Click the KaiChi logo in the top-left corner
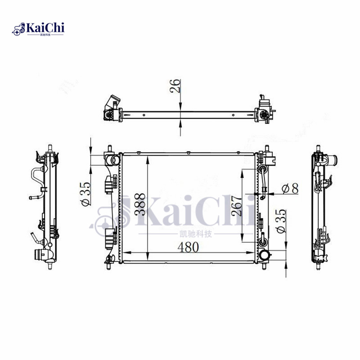(39, 29)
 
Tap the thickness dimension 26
(177, 85)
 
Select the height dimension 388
(139, 205)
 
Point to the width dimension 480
(189, 247)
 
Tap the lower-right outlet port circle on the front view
(265, 255)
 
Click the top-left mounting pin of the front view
(109, 148)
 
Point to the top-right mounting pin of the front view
(267, 148)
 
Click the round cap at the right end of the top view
(263, 116)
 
